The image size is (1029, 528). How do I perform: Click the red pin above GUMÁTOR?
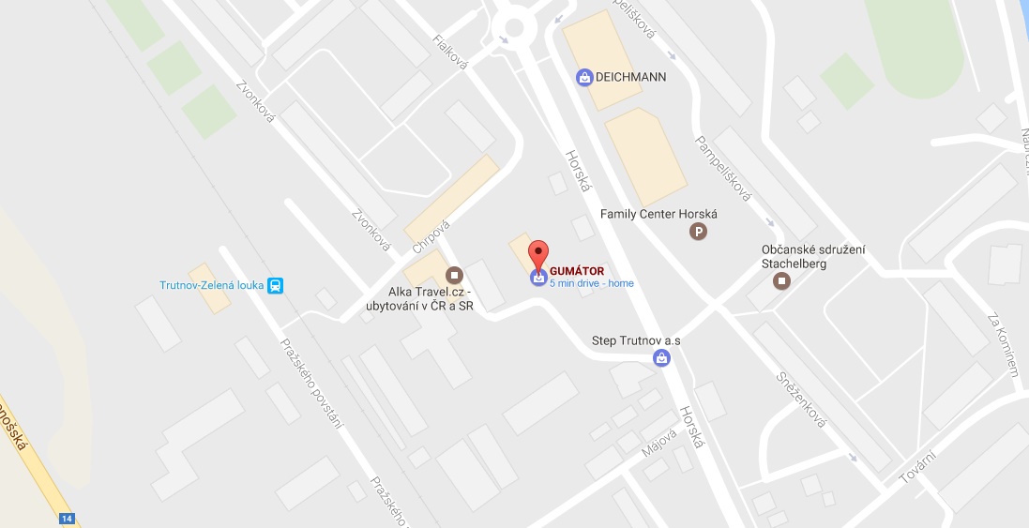[x=537, y=253]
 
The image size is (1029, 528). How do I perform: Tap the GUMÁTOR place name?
[x=577, y=272]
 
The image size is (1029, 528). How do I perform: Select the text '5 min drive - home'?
[x=592, y=283]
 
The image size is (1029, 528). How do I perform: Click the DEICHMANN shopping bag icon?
[x=584, y=77]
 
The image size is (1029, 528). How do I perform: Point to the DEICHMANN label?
[x=630, y=77]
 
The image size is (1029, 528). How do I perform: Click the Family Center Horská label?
[x=658, y=214]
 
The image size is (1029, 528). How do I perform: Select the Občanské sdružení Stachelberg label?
[x=813, y=255]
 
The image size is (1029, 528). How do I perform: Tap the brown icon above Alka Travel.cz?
[x=455, y=274]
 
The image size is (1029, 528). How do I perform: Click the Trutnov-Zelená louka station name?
[x=210, y=285]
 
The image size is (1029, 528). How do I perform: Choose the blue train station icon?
[x=276, y=285]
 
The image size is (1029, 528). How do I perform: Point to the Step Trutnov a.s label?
[x=636, y=339]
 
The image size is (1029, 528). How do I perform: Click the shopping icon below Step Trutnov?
[x=661, y=356]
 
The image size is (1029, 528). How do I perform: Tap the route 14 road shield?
[x=66, y=519]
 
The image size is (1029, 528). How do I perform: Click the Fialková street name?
[x=451, y=52]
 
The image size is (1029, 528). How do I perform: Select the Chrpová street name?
[x=431, y=236]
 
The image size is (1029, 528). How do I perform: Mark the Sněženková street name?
[x=800, y=399]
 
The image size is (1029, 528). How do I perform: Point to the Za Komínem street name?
[x=1003, y=345]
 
